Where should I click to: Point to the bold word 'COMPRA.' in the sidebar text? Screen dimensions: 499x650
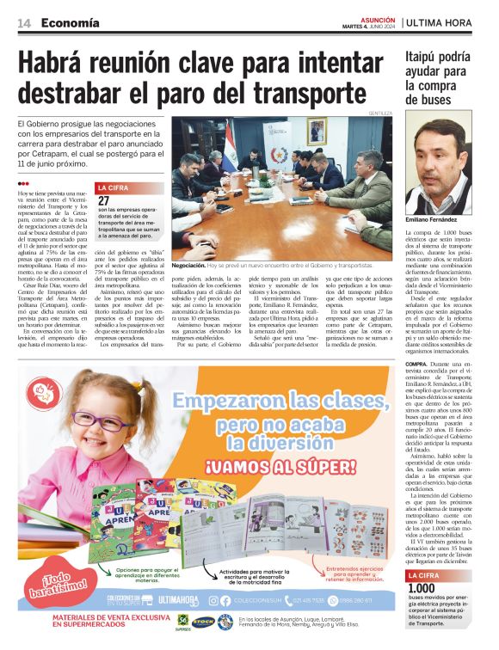point(417,365)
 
